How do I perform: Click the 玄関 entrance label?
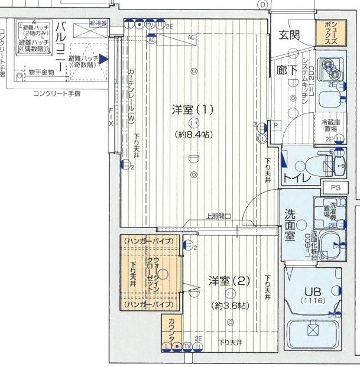coord(289,35)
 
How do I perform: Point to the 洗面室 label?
coord(291,224)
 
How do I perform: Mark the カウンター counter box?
coord(171,329)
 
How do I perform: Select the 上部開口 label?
coord(218,216)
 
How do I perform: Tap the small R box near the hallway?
coord(275,126)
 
